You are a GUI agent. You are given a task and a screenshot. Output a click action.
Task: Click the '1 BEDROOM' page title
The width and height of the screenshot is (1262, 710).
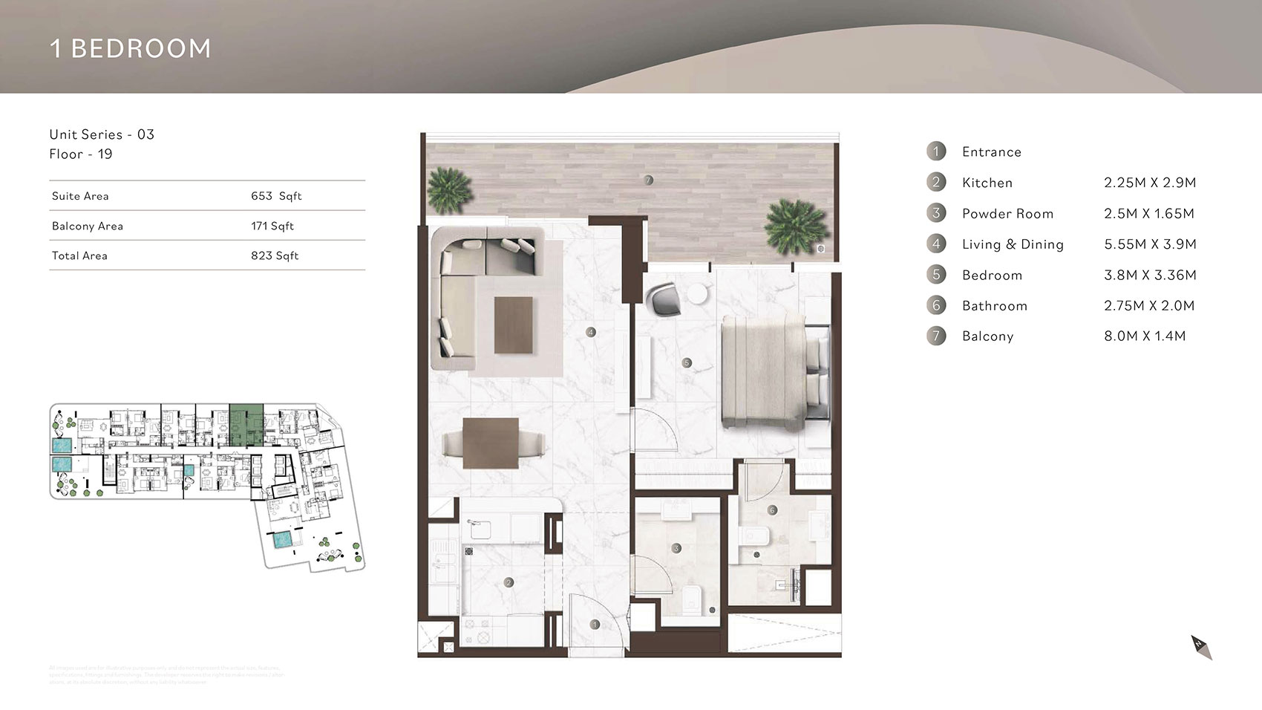click(x=131, y=48)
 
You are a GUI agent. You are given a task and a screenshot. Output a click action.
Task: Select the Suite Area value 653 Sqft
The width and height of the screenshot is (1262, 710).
click(x=276, y=196)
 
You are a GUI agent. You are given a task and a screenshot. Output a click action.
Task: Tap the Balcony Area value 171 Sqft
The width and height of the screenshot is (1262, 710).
click(x=272, y=226)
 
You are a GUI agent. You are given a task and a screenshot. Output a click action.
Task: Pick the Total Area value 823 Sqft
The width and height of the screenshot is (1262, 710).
click(x=275, y=255)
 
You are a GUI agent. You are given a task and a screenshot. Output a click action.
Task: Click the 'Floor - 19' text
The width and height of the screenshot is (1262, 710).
click(x=81, y=154)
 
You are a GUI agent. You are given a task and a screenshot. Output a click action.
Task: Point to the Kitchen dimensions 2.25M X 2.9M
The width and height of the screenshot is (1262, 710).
click(x=1150, y=183)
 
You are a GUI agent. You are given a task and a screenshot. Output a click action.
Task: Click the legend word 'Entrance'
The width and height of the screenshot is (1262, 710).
click(x=992, y=152)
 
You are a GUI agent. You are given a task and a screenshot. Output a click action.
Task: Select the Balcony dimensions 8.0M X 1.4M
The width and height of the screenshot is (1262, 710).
click(x=1145, y=336)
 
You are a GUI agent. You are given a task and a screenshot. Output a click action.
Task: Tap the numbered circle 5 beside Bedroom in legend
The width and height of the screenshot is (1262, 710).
click(x=936, y=275)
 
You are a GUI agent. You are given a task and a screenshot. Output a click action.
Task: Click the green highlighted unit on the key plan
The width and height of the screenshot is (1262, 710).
click(x=246, y=425)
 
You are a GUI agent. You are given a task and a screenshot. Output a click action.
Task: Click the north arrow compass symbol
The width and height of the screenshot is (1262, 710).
click(x=1201, y=647)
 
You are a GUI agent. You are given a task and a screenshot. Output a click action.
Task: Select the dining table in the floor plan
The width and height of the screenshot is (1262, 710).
click(x=490, y=443)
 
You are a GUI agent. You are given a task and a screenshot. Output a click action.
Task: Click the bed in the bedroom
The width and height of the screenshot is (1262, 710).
click(x=772, y=370)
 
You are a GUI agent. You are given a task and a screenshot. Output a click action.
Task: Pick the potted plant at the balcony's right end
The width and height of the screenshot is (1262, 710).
click(x=796, y=226)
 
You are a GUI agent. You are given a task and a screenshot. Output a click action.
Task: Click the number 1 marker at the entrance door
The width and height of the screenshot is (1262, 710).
click(x=595, y=625)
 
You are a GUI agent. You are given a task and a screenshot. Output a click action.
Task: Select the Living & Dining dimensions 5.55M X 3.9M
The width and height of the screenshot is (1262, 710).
click(x=1150, y=244)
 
